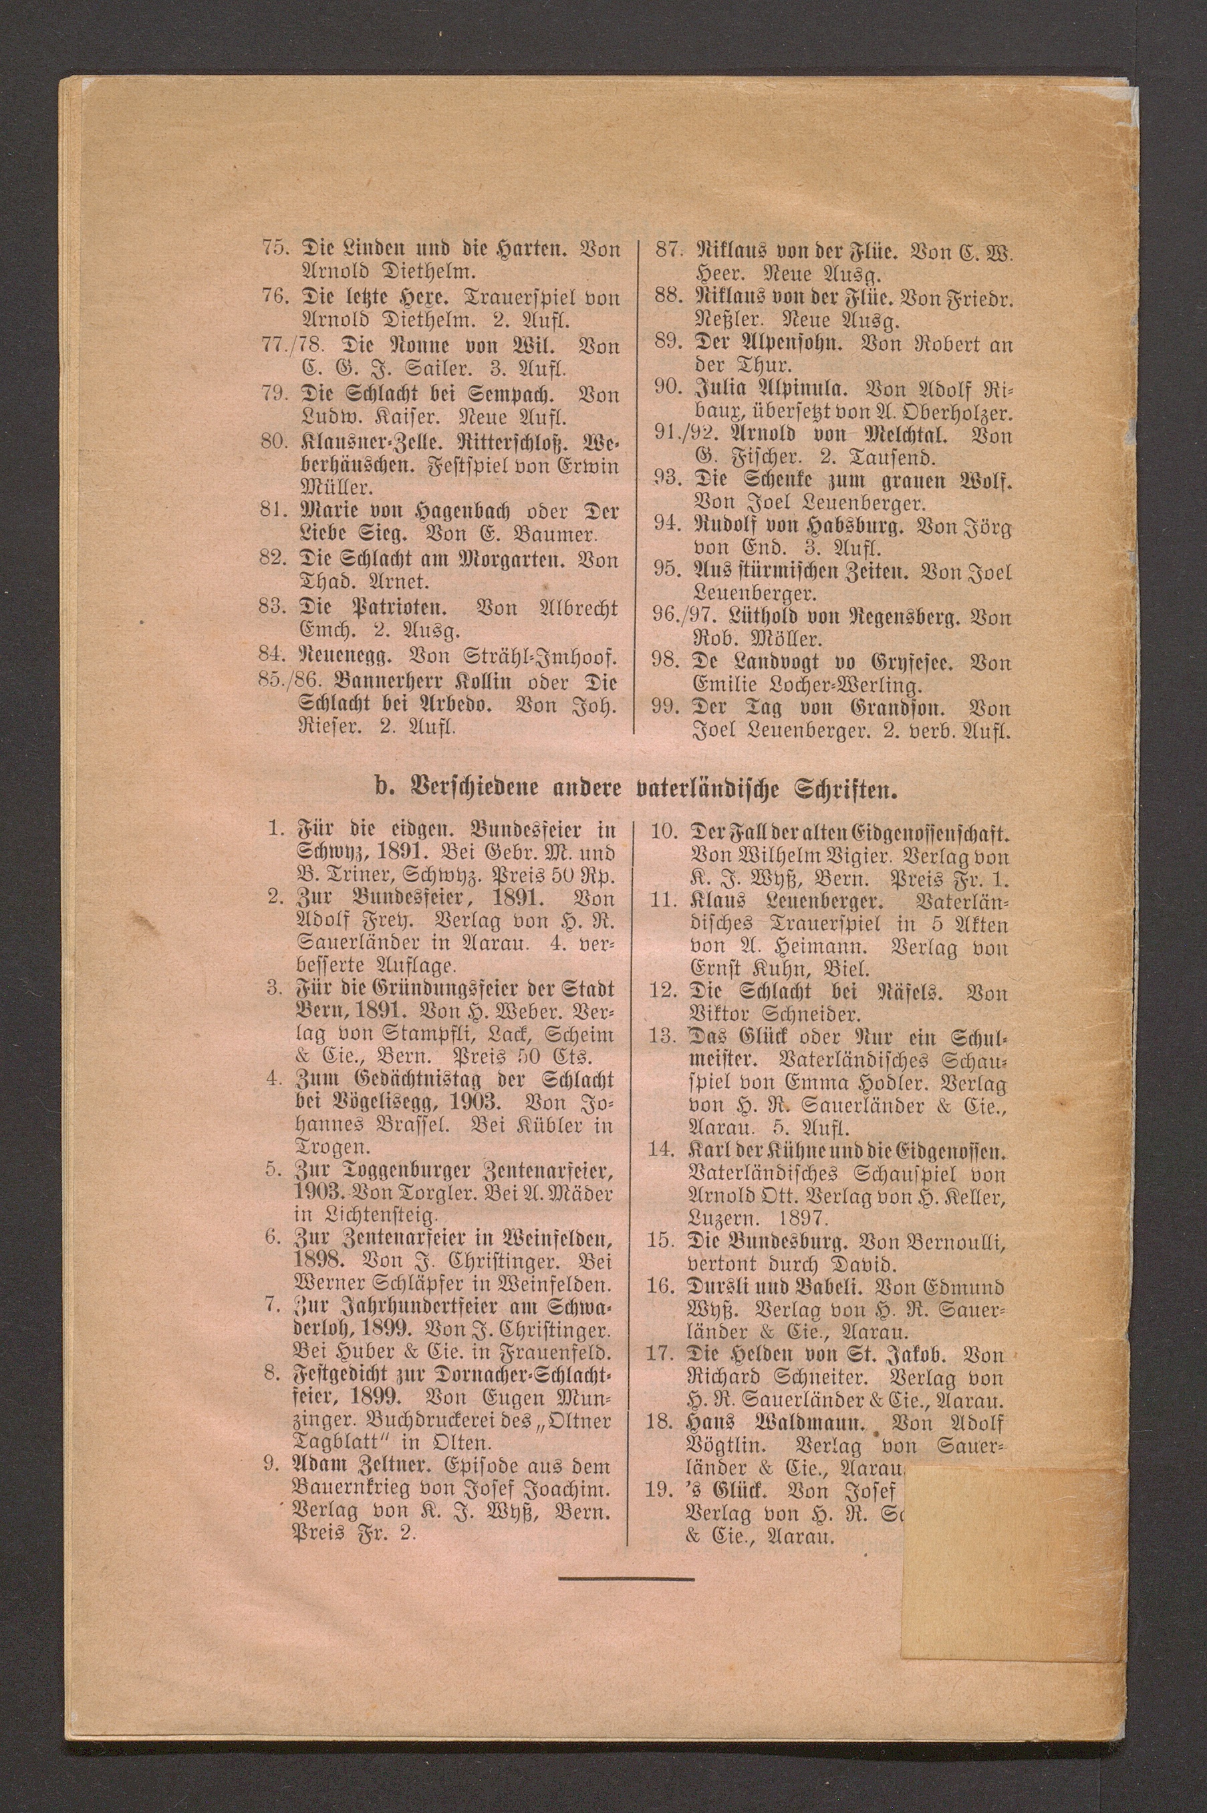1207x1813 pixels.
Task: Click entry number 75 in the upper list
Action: (x=273, y=249)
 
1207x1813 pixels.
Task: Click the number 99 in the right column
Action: (x=663, y=706)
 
